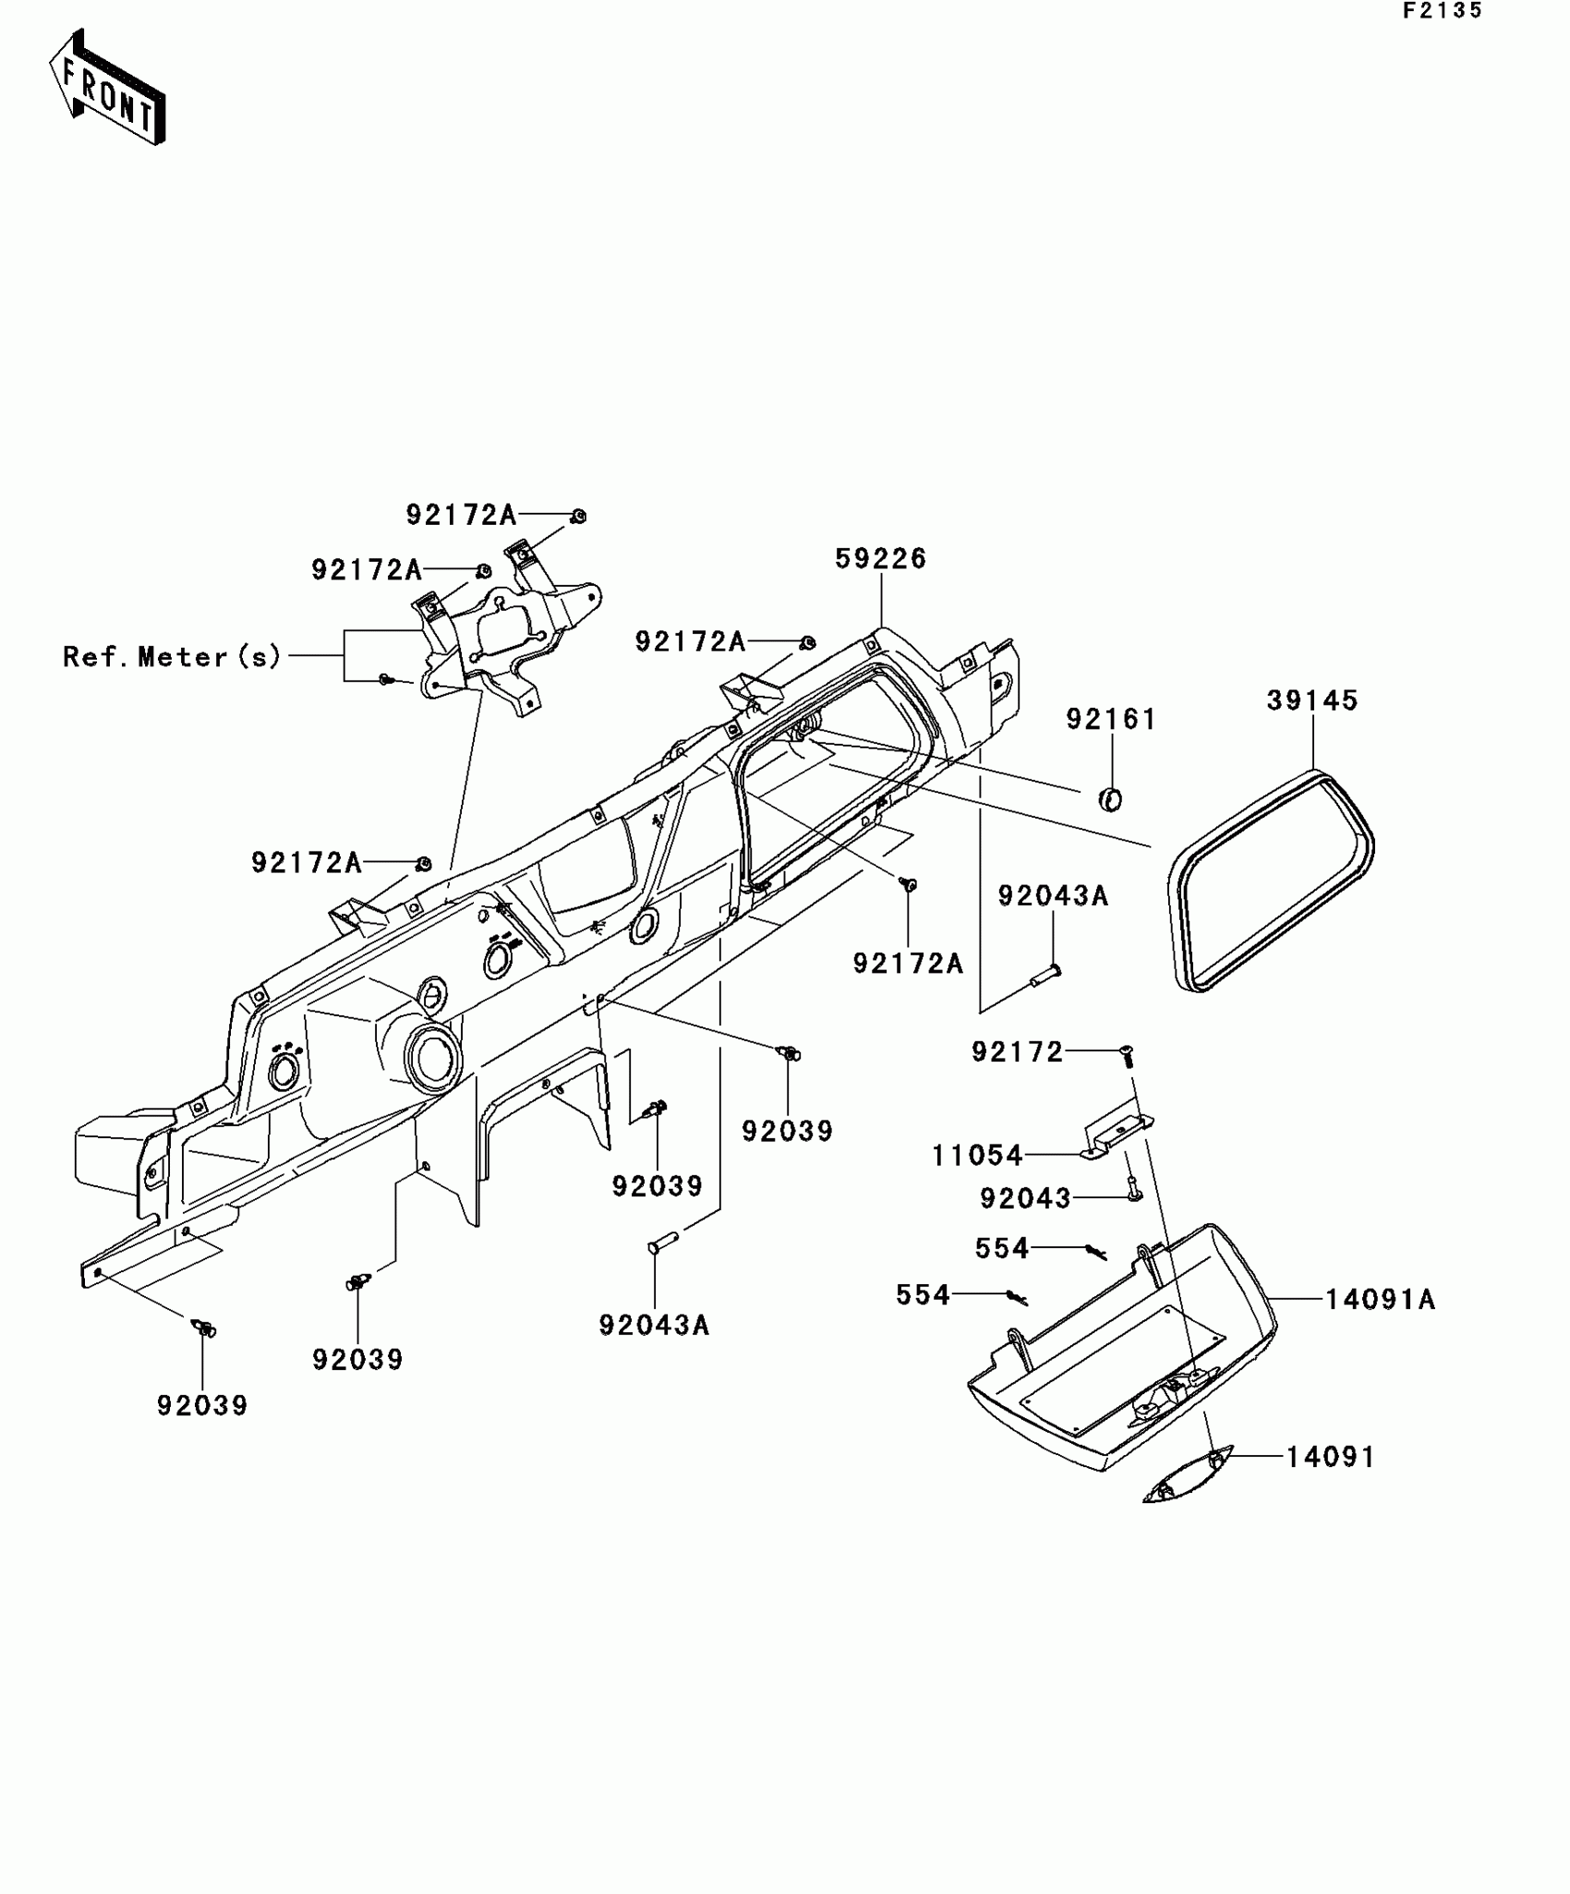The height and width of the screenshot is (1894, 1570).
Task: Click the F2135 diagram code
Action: point(1443,11)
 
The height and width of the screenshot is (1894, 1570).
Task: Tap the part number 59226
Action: point(880,559)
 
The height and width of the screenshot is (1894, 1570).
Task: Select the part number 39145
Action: point(1312,701)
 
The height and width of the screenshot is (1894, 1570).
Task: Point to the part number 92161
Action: point(1111,720)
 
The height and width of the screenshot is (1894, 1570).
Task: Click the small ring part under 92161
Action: point(1111,799)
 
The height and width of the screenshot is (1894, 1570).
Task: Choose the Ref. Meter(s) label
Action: point(172,657)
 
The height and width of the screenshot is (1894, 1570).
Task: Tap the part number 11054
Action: point(977,1156)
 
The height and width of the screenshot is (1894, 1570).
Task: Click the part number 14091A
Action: point(1380,1300)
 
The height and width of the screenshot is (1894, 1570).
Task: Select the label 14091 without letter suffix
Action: point(1330,1457)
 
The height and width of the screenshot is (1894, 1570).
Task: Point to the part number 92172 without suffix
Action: point(1018,1051)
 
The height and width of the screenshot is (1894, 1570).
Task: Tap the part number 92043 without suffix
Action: point(1025,1198)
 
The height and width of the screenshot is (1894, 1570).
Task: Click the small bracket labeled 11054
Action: point(1117,1136)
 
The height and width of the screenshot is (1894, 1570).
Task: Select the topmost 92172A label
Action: point(461,516)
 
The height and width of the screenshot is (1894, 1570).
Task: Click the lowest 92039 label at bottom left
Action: point(202,1405)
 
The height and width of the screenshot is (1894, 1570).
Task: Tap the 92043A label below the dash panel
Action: point(654,1326)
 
